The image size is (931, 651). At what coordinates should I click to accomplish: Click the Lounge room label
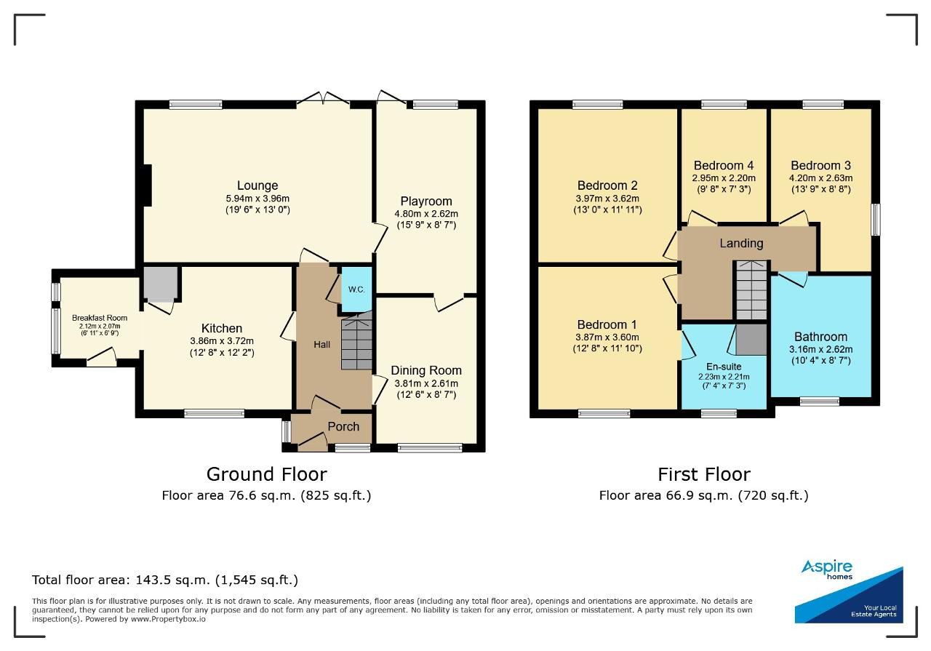(257, 185)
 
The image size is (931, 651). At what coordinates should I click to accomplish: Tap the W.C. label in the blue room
(356, 289)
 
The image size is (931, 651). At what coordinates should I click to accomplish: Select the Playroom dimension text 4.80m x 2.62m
(426, 214)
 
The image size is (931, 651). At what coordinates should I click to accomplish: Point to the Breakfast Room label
(100, 318)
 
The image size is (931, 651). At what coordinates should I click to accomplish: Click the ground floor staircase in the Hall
(356, 342)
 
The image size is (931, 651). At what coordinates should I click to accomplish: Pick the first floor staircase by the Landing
(751, 290)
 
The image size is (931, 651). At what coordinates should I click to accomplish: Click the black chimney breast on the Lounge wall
(147, 185)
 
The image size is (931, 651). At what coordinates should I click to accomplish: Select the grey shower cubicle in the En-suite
(751, 340)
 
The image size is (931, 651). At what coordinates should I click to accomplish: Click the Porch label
(343, 426)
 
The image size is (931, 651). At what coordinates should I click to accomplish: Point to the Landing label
(741, 243)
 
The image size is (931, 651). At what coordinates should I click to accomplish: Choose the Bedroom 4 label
(724, 165)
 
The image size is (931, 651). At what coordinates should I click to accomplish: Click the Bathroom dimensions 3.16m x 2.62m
(821, 350)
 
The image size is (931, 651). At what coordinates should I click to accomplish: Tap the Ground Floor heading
(267, 474)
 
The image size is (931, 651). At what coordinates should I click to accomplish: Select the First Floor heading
(704, 474)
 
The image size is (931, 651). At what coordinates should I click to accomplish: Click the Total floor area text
(165, 580)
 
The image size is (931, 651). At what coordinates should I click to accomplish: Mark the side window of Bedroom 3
(876, 220)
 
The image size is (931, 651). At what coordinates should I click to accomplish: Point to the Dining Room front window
(430, 448)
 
